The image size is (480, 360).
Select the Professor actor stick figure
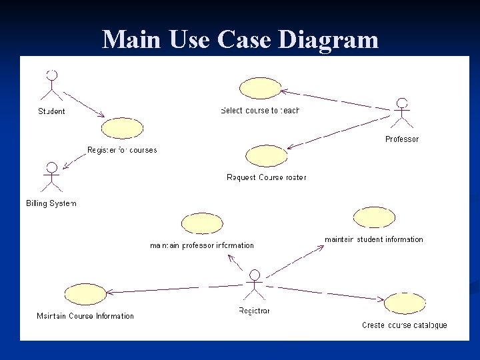[x=401, y=114]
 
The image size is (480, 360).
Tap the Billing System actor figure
[x=51, y=177]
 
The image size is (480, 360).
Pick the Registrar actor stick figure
[x=254, y=286]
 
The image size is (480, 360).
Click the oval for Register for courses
[x=122, y=128]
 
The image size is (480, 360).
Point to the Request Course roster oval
[x=266, y=156]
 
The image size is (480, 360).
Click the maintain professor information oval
[x=202, y=224]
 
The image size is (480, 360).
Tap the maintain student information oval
[x=374, y=217]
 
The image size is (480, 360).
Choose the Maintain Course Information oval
[x=85, y=293]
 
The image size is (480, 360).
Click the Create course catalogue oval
[x=405, y=303]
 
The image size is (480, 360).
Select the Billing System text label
[x=51, y=203]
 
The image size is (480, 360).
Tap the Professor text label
[x=402, y=139]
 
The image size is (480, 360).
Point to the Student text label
[x=51, y=111]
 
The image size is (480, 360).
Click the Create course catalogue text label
[x=404, y=325]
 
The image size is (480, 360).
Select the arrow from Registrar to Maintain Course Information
[x=173, y=289]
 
